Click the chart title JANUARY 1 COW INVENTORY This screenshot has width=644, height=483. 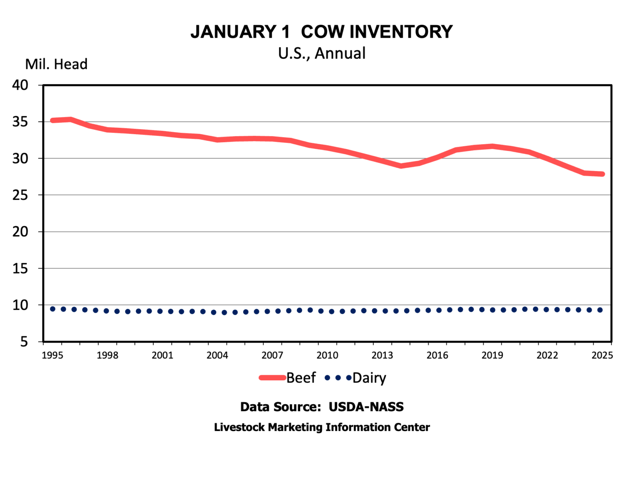point(322,32)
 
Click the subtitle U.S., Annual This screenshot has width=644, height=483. point(322,53)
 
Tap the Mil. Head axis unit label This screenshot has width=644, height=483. point(56,64)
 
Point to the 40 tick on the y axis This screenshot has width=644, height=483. point(20,85)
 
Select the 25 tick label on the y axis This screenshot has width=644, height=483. point(20,195)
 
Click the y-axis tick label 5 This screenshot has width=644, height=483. point(24,342)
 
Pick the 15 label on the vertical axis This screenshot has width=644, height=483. point(20,268)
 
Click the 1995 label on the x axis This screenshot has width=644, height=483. point(52,356)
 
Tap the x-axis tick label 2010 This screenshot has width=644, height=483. point(327,356)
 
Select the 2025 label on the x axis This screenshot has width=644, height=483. point(602,356)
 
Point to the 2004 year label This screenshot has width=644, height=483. point(217,356)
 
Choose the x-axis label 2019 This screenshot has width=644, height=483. point(492,356)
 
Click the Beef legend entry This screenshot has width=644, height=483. point(301,378)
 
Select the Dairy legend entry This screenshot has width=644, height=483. point(369,378)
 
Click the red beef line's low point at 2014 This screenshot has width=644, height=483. point(401,166)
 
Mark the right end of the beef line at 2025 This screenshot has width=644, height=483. point(602,174)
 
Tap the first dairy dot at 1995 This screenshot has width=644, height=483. point(53,309)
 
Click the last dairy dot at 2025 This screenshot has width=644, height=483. point(600,310)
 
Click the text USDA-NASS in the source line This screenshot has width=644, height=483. point(366,407)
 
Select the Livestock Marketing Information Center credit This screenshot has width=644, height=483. point(322,427)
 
